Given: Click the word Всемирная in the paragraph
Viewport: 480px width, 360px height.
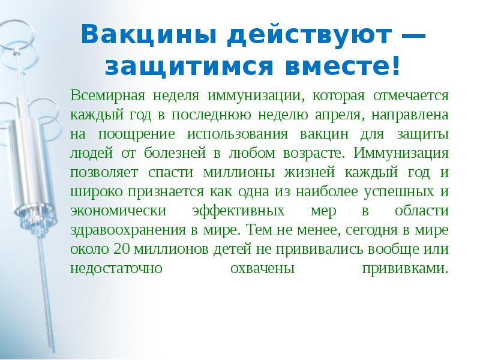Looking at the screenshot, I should (103, 95).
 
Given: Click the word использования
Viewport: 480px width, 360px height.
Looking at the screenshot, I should (234, 134).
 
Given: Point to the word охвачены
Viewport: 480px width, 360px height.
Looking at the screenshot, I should (262, 268).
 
